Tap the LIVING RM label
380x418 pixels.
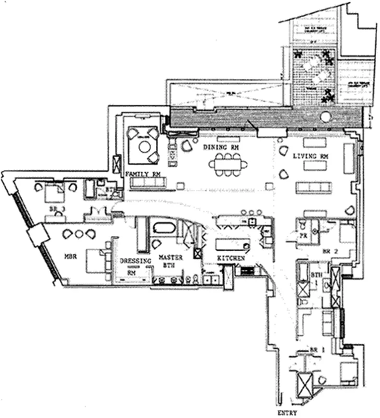(310, 156)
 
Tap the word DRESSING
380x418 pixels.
(135, 260)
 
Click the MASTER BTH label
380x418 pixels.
(170, 261)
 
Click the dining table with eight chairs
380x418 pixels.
(228, 164)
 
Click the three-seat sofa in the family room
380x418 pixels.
(148, 182)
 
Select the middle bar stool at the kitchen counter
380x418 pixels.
(251, 212)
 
